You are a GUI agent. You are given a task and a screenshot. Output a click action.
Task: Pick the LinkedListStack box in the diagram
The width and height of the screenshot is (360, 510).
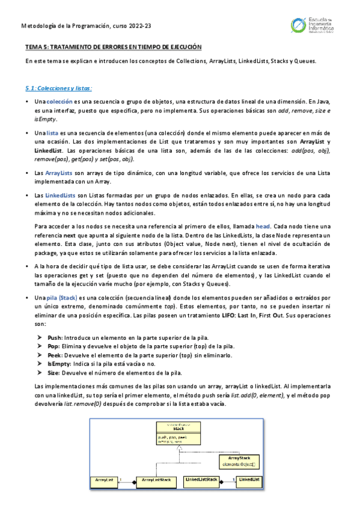tap(202, 480)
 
